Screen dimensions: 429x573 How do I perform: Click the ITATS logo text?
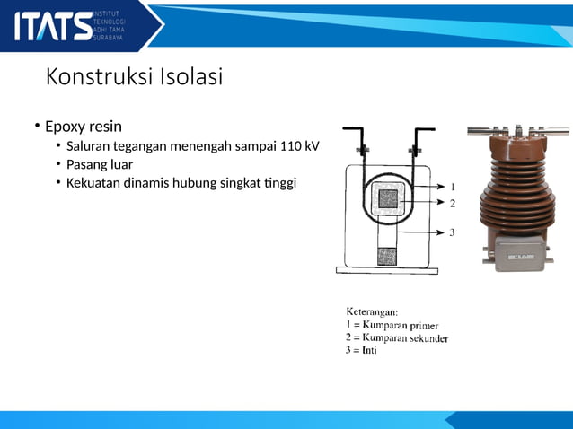(x=52, y=25)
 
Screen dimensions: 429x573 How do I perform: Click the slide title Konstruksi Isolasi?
(x=134, y=77)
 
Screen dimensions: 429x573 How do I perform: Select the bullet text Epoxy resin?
(x=84, y=126)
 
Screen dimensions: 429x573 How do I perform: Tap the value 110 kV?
(x=299, y=146)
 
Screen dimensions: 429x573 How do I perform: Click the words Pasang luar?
(x=100, y=164)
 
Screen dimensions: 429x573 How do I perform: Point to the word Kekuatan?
(x=96, y=183)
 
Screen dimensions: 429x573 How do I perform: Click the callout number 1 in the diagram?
(x=453, y=187)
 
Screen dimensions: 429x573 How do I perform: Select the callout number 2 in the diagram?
(x=453, y=203)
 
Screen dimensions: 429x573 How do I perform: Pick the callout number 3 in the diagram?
(x=453, y=232)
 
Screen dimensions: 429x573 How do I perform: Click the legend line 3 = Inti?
(x=362, y=351)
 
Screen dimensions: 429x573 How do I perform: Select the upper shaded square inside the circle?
(x=388, y=199)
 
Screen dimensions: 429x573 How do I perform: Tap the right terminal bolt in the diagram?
(x=415, y=147)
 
